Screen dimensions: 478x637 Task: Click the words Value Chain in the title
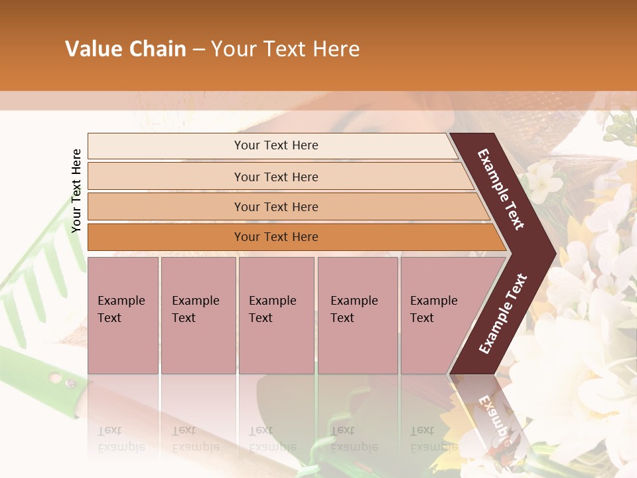125,49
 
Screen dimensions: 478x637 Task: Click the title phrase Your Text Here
285,49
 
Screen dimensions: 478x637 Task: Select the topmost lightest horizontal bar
272,145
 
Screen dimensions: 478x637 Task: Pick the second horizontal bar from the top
275,177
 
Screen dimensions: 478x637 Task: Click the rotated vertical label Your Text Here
76,191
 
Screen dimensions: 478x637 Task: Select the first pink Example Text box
123,315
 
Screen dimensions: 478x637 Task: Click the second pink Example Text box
198,315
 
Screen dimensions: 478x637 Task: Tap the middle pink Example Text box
276,315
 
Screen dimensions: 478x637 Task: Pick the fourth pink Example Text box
357,315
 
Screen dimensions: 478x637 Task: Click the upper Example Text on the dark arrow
501,189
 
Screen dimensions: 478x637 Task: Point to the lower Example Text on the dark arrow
504,313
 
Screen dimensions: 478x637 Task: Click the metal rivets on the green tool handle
63,380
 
